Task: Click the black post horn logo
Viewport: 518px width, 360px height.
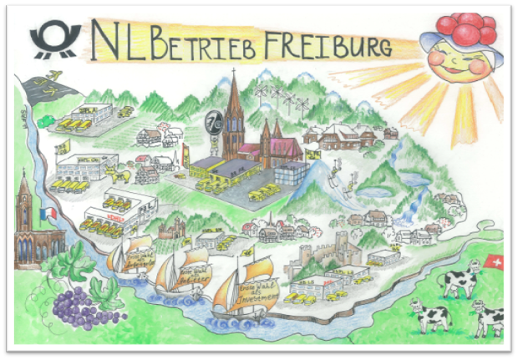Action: click(x=55, y=40)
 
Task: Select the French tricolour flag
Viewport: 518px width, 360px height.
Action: click(x=48, y=213)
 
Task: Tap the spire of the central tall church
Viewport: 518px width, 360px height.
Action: click(x=234, y=92)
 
